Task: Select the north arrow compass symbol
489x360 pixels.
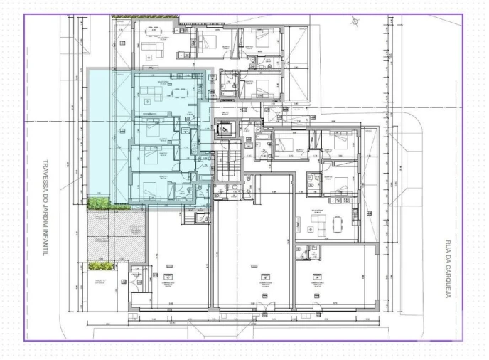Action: coord(354,21)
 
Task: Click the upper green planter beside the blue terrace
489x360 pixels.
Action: coord(100,204)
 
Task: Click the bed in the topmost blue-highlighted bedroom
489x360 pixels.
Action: coord(149,128)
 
